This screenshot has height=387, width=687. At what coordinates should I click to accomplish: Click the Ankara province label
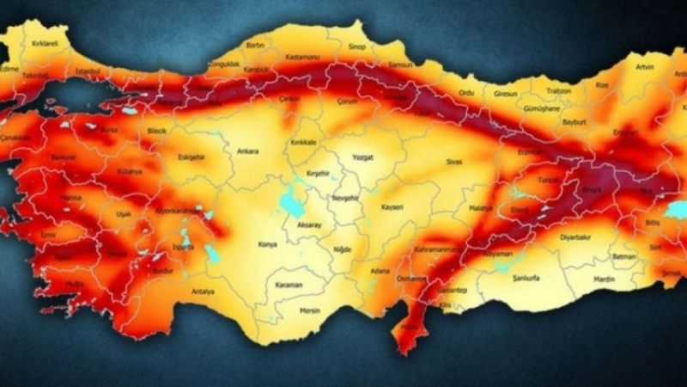tap(247, 151)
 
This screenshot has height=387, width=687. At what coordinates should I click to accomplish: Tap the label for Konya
tap(268, 244)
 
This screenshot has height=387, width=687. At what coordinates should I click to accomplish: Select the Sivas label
tap(453, 161)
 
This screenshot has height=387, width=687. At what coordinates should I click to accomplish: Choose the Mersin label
tap(308, 310)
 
